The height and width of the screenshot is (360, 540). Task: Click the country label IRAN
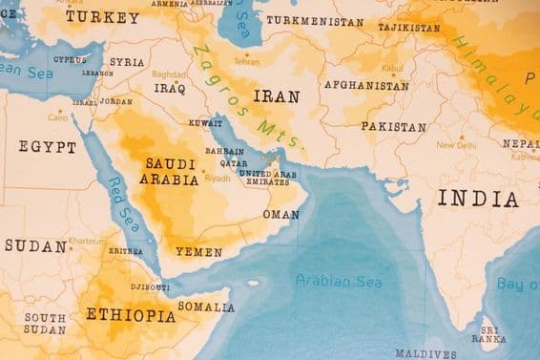tap(276, 96)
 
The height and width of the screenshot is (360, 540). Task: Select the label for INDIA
tap(478, 199)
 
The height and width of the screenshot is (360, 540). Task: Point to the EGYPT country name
tap(47, 147)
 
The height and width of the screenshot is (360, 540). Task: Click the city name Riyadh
tap(218, 179)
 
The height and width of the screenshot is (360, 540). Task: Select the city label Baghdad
tap(168, 74)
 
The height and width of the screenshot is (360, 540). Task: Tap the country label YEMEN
tap(198, 253)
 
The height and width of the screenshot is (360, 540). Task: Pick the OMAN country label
tap(280, 215)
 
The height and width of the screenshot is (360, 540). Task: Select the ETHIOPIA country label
tap(131, 314)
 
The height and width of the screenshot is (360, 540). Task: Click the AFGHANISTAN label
tap(366, 85)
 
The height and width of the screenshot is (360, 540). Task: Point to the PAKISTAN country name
tap(393, 126)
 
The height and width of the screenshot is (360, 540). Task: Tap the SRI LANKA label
tap(488, 333)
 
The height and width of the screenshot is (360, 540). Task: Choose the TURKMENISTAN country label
tap(314, 20)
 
